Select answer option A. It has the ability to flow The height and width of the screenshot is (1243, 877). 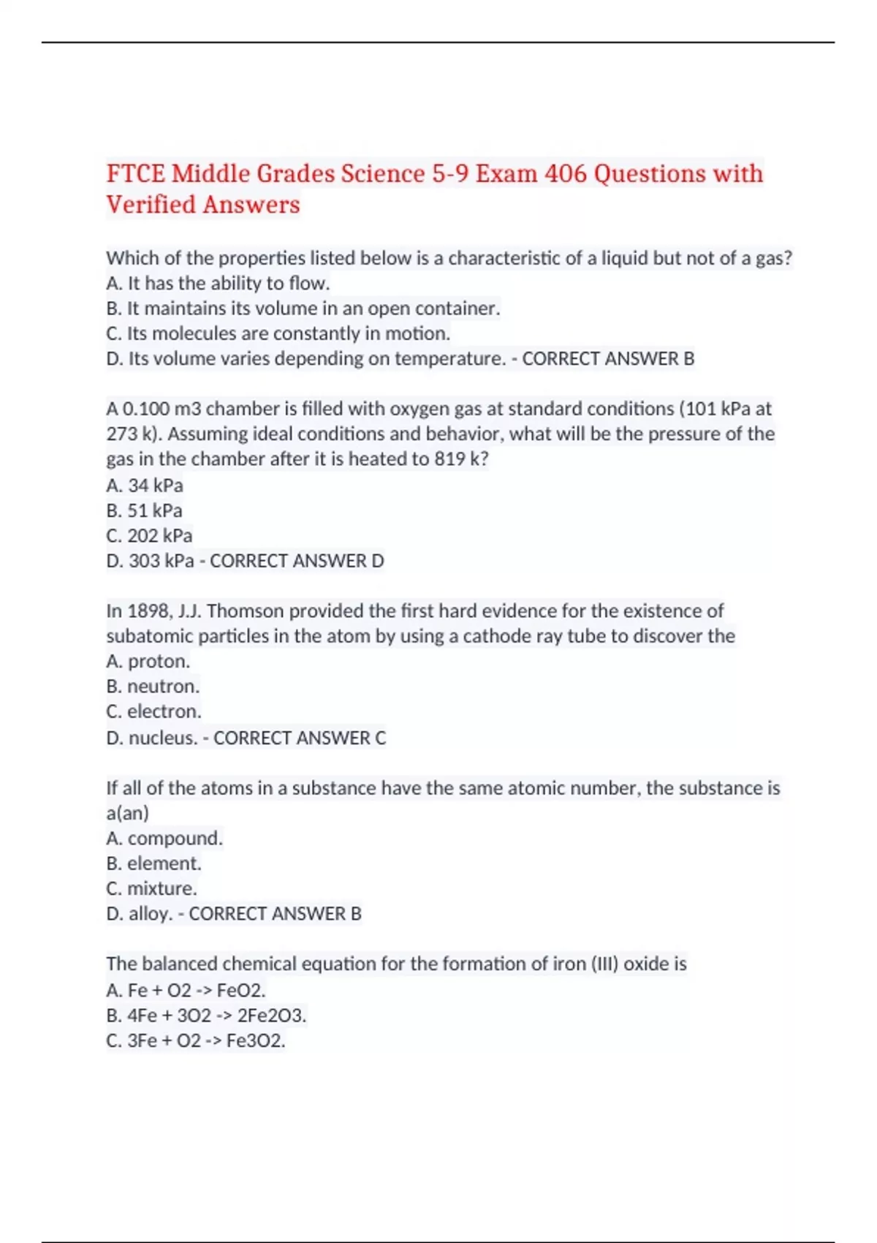click(x=218, y=284)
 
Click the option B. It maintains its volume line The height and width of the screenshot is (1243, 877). click(x=303, y=309)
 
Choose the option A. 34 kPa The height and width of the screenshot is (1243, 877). click(x=145, y=486)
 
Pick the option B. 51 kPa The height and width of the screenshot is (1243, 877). click(x=144, y=510)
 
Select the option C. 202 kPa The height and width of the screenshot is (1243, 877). click(x=149, y=536)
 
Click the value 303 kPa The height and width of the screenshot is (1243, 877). click(x=162, y=561)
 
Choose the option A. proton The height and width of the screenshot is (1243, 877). click(x=148, y=662)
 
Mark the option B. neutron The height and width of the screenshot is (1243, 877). click(x=152, y=687)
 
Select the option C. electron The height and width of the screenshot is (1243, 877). click(x=153, y=711)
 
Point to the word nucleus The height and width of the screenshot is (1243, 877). click(x=162, y=738)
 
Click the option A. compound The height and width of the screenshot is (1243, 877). click(x=164, y=839)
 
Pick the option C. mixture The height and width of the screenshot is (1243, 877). click(x=151, y=888)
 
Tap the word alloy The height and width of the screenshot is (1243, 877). click(x=150, y=914)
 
